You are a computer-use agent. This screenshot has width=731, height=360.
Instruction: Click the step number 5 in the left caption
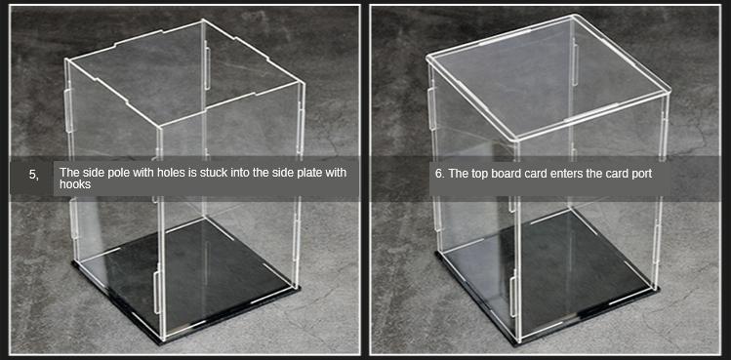(x=33, y=175)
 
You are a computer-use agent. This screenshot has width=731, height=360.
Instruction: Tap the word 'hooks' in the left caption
(x=75, y=184)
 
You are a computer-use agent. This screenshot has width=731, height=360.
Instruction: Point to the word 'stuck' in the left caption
(x=215, y=173)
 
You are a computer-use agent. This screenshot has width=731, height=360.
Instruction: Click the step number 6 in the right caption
(x=439, y=174)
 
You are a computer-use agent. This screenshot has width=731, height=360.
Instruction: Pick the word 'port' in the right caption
(x=642, y=175)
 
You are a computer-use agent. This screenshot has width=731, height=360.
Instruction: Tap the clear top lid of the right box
(x=548, y=77)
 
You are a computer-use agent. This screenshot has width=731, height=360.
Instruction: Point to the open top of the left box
(x=184, y=72)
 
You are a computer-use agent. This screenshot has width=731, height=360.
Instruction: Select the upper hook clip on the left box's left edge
(x=68, y=110)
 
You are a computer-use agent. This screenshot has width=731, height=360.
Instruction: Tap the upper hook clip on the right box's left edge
(x=431, y=108)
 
